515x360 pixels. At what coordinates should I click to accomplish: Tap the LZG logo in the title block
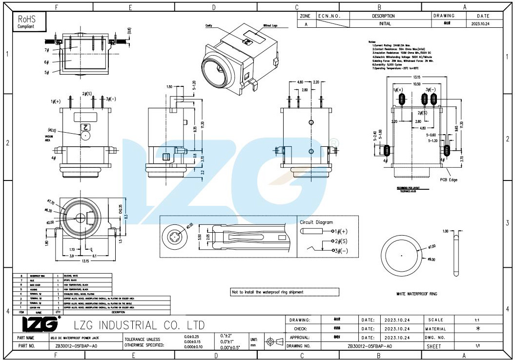click(41, 324)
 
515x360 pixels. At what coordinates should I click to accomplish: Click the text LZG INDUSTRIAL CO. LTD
click(139, 325)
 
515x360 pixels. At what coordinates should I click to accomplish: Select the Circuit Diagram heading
click(316, 222)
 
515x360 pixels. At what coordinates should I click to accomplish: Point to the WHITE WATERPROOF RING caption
click(416, 294)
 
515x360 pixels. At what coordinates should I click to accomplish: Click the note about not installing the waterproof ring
click(268, 292)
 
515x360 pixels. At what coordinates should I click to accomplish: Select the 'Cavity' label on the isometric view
click(208, 25)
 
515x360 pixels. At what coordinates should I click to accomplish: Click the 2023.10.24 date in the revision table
click(480, 23)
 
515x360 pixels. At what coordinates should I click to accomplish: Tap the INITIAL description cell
click(385, 23)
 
